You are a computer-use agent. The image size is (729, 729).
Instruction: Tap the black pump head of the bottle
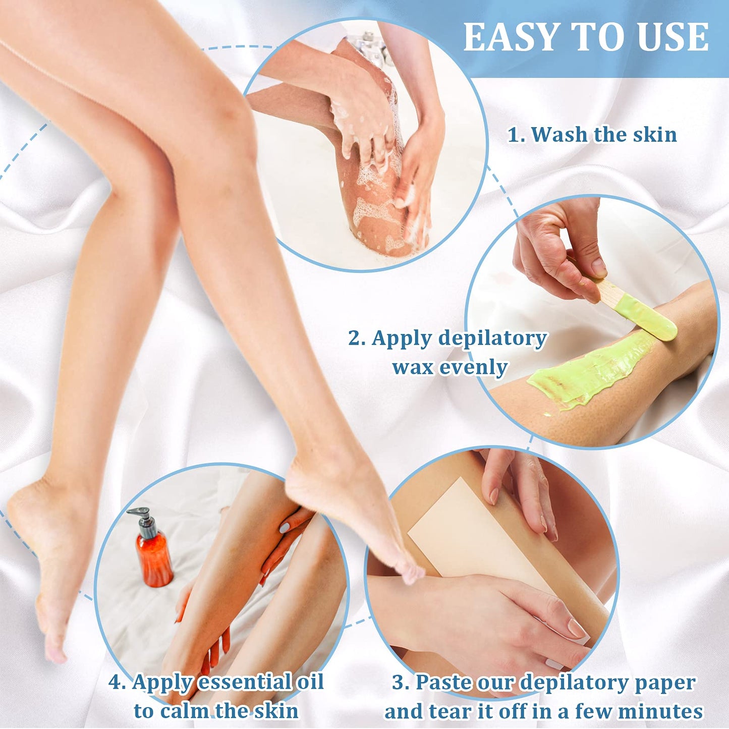click(144, 520)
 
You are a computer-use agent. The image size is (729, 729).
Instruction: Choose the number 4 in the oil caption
click(117, 683)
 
